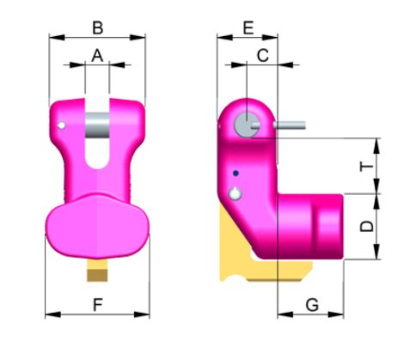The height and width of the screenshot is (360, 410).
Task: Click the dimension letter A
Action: (x=97, y=55)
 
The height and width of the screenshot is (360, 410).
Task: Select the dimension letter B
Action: (x=97, y=27)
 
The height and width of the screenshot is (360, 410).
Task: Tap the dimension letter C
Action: (x=263, y=55)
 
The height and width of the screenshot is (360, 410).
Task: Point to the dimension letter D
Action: (x=366, y=227)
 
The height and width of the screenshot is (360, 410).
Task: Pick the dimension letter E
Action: (x=248, y=27)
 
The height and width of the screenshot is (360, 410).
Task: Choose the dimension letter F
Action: (x=97, y=303)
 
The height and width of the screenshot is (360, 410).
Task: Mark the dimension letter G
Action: (x=312, y=303)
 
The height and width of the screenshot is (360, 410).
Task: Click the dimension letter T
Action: (x=366, y=166)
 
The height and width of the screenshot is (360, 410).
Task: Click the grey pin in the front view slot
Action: (x=97, y=127)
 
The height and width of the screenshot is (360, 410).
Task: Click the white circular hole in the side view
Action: (x=234, y=195)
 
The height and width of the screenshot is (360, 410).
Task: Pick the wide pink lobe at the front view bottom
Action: (x=97, y=228)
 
